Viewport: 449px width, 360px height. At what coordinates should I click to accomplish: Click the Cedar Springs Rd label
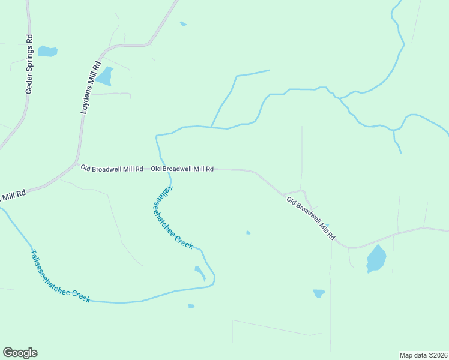28,66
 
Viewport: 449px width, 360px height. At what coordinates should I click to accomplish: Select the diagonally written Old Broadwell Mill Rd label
310,218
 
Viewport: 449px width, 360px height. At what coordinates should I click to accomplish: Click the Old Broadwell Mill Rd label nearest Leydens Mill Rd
112,169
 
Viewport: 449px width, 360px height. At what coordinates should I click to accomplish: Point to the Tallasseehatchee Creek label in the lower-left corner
59,276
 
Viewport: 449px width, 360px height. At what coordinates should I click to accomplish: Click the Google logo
20,353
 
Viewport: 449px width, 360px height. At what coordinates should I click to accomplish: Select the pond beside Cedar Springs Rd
47,51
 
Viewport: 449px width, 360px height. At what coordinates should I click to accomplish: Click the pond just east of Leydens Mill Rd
106,76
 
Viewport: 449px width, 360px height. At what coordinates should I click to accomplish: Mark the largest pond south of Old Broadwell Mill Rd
376,259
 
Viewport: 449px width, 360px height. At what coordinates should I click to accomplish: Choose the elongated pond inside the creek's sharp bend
200,272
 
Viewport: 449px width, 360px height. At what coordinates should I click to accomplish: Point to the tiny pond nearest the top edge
183,24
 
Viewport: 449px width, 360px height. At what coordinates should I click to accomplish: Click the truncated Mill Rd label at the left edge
13,195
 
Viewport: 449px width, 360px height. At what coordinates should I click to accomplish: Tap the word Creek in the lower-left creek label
81,295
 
